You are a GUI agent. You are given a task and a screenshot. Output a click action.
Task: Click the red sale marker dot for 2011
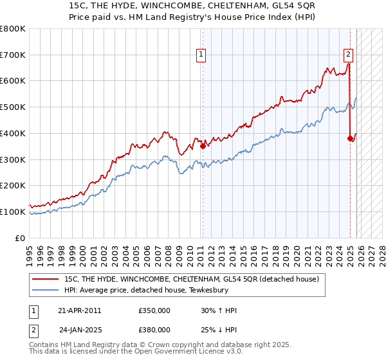point(203,146)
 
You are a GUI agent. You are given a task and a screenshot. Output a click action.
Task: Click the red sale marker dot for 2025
point(351,138)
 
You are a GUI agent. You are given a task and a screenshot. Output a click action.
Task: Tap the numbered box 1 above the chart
point(201,55)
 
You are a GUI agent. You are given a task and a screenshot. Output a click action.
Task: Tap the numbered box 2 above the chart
point(348,55)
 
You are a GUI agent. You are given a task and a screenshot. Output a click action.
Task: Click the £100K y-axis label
point(13,212)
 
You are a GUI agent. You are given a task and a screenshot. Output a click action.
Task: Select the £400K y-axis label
point(13,133)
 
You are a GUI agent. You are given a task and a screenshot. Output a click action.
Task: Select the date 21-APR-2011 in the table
point(79,310)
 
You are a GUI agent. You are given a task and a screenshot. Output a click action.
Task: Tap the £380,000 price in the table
point(154,330)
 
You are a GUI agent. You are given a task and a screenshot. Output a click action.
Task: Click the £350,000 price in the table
point(154,310)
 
